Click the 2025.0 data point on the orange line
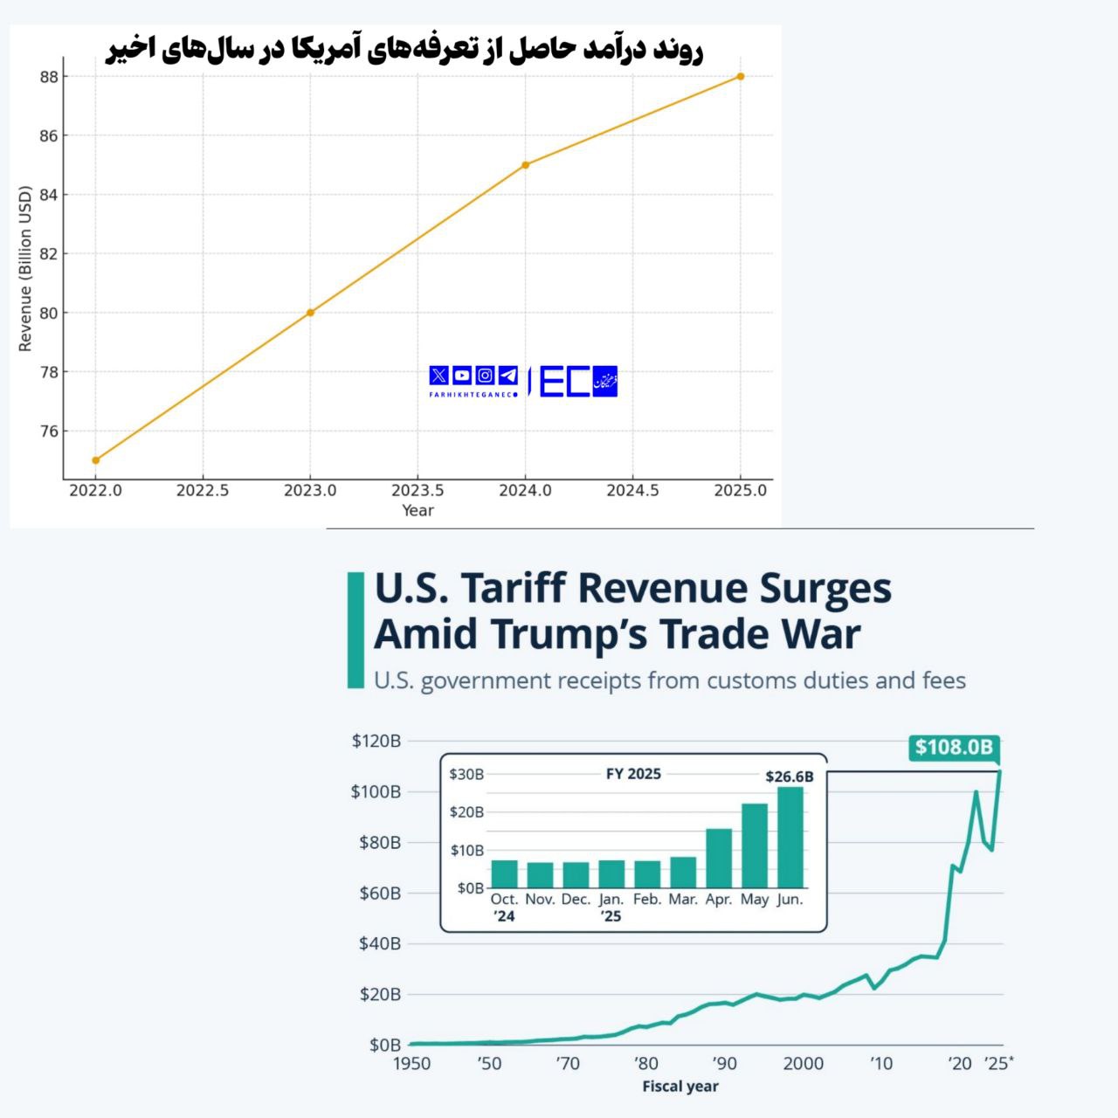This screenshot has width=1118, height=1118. pyautogui.click(x=741, y=76)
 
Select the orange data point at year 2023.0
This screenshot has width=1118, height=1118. pyautogui.click(x=310, y=313)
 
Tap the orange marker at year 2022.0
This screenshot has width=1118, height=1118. pyautogui.click(x=95, y=460)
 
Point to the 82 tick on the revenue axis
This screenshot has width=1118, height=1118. pyautogui.click(x=49, y=254)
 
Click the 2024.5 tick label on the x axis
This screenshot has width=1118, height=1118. pyautogui.click(x=632, y=491)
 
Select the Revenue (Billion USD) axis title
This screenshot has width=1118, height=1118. pyautogui.click(x=24, y=269)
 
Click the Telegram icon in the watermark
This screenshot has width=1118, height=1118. pyautogui.click(x=507, y=376)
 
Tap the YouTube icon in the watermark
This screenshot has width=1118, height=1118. pyautogui.click(x=462, y=376)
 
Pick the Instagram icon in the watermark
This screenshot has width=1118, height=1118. pyautogui.click(x=485, y=376)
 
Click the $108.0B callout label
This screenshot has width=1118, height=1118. pyautogui.click(x=954, y=747)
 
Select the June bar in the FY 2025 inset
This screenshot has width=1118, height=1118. pyautogui.click(x=790, y=837)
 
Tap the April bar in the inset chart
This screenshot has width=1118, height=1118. pyautogui.click(x=719, y=858)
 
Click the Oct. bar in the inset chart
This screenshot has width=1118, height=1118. pyautogui.click(x=504, y=873)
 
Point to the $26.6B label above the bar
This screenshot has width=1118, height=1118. pyautogui.click(x=789, y=776)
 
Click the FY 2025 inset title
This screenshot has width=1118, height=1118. pyautogui.click(x=633, y=774)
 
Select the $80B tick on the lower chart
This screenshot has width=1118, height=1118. pyautogui.click(x=380, y=843)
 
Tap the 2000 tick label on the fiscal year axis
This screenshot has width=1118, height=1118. pyautogui.click(x=803, y=1063)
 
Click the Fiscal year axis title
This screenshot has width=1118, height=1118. pyautogui.click(x=680, y=1087)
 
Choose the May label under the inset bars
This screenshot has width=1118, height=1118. pyautogui.click(x=755, y=900)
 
